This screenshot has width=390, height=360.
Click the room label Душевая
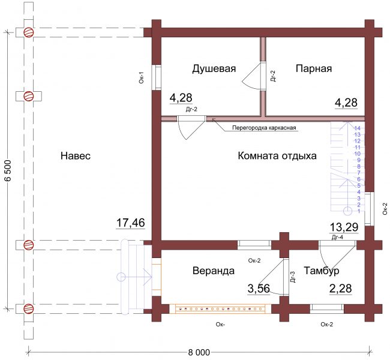click(214, 68)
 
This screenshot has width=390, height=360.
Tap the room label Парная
click(314, 68)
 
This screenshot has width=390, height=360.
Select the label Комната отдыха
click(277, 156)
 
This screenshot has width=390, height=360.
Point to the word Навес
click(76, 156)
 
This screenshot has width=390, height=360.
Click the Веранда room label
click(214, 271)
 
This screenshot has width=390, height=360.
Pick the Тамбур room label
click(322, 271)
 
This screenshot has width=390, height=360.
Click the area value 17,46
click(131, 223)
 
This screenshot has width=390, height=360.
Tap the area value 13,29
click(344, 227)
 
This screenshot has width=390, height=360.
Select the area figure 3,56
click(259, 289)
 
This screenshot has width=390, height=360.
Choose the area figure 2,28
click(341, 289)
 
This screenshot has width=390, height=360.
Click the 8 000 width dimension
click(199, 352)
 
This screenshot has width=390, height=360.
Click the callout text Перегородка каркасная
click(264, 128)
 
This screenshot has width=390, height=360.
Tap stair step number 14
click(358, 128)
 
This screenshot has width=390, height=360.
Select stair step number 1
click(359, 211)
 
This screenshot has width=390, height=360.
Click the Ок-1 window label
click(142, 77)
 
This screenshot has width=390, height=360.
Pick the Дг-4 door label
click(337, 238)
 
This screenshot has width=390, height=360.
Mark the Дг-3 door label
click(293, 277)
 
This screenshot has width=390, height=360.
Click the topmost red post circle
click(28, 32)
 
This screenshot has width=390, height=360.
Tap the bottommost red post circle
click(28, 309)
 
